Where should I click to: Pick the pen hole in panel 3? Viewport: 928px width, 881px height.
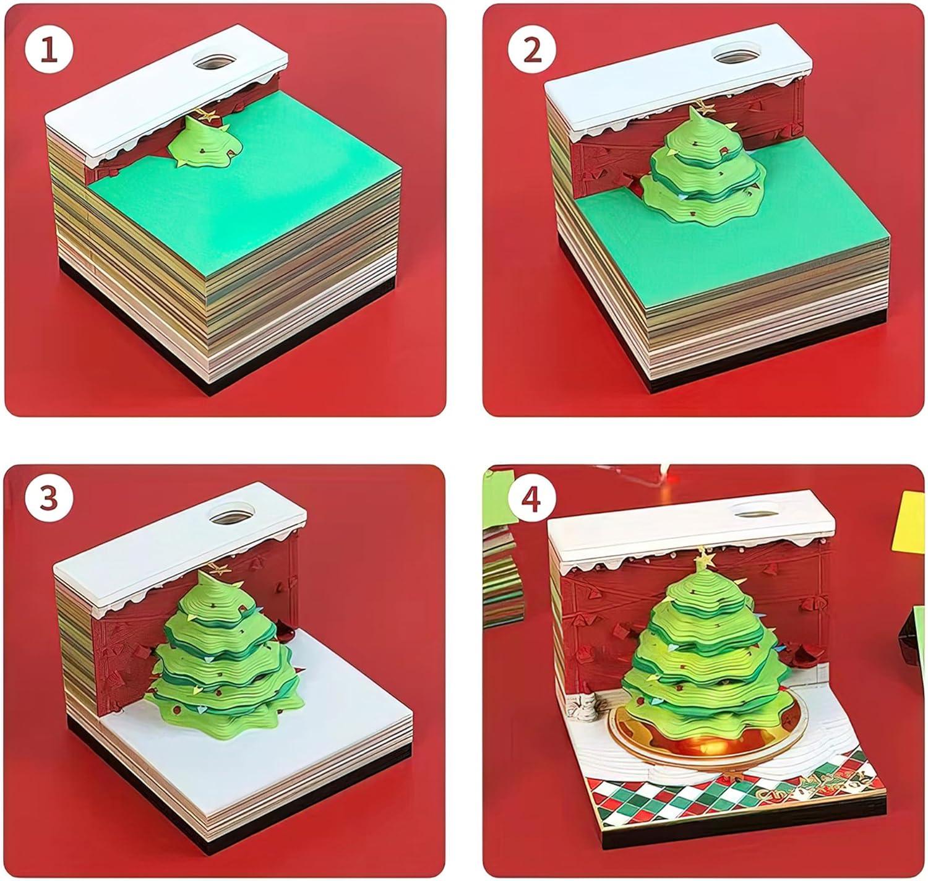coord(231,513)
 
